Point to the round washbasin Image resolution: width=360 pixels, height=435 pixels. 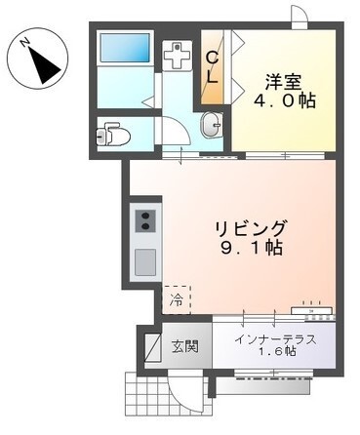pos(211,125)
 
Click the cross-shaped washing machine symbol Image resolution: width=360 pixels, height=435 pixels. pos(177,56)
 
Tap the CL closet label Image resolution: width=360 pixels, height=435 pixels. pos(211,68)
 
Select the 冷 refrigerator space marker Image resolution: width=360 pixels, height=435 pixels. pos(177,299)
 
